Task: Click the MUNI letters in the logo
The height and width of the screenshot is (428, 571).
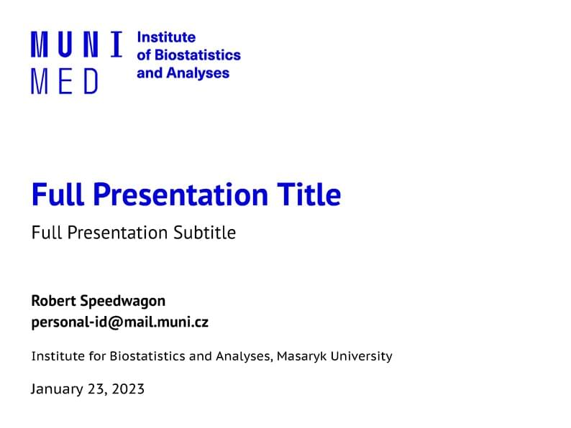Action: point(76,45)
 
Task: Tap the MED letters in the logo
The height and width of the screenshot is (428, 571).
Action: point(64,81)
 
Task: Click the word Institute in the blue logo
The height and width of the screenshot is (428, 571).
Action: point(165,37)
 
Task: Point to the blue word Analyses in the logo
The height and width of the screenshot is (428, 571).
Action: point(198,73)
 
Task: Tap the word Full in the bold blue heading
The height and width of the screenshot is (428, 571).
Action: point(57,195)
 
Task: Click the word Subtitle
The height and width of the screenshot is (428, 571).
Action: point(204,233)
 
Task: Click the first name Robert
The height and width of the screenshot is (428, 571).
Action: point(52,300)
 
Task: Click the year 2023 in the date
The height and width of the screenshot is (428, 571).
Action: point(127,390)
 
